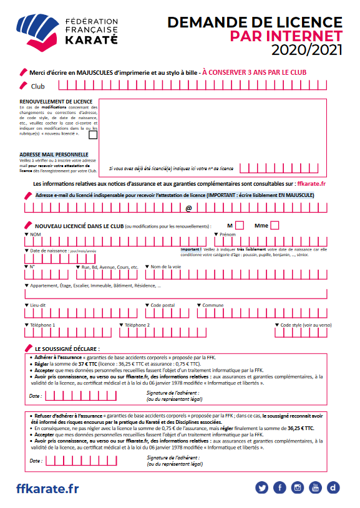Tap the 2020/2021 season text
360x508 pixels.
point(306,50)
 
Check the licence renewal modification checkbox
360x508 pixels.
point(93,134)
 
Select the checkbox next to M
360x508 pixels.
point(240,226)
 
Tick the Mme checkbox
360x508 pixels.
point(275,226)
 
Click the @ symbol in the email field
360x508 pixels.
point(188,208)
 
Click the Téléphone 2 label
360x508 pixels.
point(135,325)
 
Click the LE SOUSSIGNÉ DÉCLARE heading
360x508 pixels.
point(67,349)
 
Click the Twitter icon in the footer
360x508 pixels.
point(261,487)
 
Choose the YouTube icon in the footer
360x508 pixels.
point(316,487)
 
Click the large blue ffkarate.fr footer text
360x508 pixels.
point(47,489)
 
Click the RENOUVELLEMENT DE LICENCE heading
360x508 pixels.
point(56,102)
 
